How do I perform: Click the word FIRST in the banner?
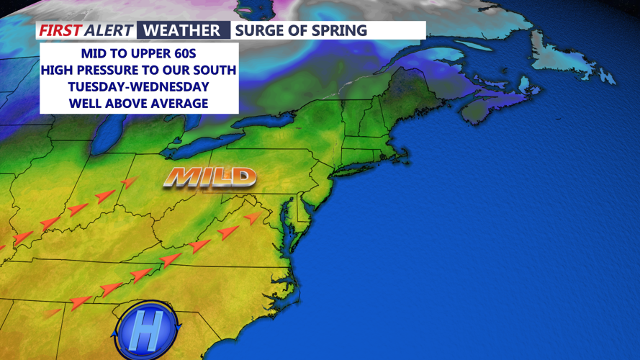point(59,30)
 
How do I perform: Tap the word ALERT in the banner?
point(109,30)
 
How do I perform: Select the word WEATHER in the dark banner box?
point(181,30)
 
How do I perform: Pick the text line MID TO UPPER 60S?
point(138,55)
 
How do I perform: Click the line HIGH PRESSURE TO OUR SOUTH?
point(138,71)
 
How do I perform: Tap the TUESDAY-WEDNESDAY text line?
point(138,87)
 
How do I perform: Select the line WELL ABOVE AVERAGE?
point(138,103)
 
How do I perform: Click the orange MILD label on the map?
point(209,177)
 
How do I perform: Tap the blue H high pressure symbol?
point(146,331)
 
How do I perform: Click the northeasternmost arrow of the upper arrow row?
point(129,182)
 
